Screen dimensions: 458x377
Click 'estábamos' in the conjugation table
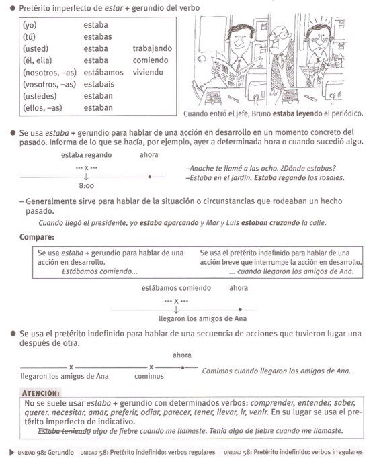pos(103,72)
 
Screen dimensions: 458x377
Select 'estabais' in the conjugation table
pos(99,84)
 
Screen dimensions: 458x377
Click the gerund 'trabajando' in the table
pos(153,48)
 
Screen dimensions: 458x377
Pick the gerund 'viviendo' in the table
pos(149,72)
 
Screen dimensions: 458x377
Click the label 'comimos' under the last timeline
pos(149,376)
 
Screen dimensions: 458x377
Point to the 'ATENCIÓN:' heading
pos(42,392)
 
